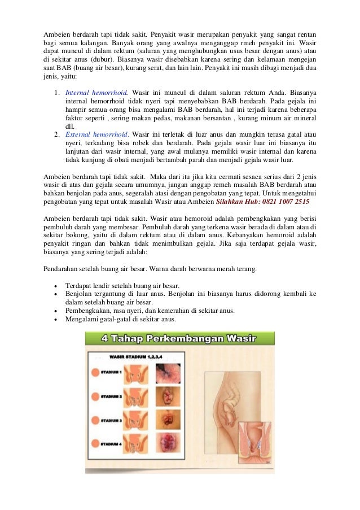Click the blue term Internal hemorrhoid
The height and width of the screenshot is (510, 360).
pos(96,91)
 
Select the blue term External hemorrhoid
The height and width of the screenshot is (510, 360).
pos(97,134)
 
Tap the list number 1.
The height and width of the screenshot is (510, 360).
pos(57,91)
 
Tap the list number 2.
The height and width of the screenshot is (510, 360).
pos(57,134)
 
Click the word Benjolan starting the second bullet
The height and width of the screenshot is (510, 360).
pos(80,294)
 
